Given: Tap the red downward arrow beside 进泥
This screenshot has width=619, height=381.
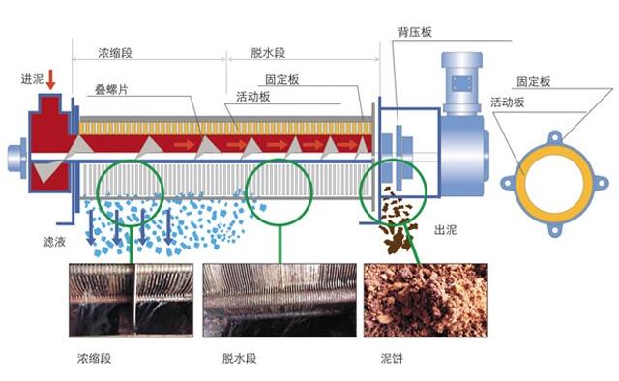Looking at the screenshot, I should click(51, 80).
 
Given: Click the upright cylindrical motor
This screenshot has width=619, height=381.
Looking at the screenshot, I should click(461, 82).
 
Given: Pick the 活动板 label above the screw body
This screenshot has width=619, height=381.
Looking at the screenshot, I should click(252, 97).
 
